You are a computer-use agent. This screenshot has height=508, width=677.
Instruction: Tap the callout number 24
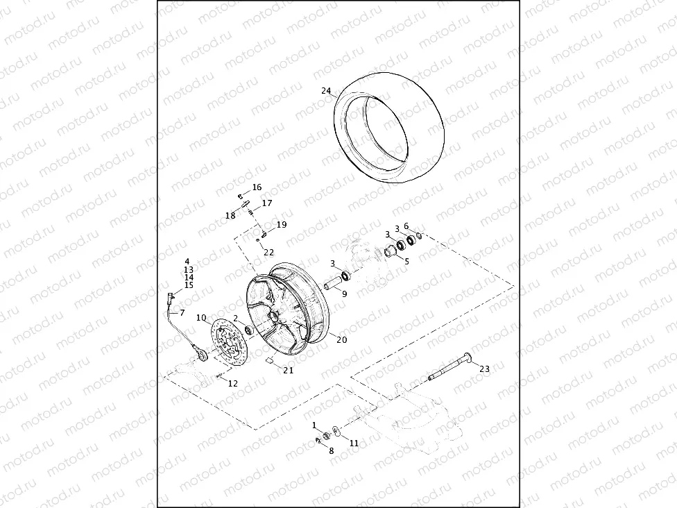pos(326,91)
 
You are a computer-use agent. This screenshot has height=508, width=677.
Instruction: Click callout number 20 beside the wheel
pos(341,339)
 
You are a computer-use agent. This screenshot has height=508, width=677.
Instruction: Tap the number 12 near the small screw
pos(232,383)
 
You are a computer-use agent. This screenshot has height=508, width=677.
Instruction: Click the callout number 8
pos(331,450)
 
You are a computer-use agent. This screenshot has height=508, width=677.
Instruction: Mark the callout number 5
pos(406,262)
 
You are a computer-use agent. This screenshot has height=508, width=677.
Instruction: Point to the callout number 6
pos(406,226)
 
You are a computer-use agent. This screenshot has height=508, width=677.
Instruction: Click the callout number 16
pos(257,187)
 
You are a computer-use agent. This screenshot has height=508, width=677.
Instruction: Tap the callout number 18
pos(230,216)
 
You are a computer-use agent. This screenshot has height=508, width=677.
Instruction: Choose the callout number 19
pos(281,225)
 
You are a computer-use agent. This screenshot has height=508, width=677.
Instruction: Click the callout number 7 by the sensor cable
pos(182,312)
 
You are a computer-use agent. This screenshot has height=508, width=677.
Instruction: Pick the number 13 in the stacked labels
pos(189,269)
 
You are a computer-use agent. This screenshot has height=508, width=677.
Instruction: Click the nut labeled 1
pos(326,435)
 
